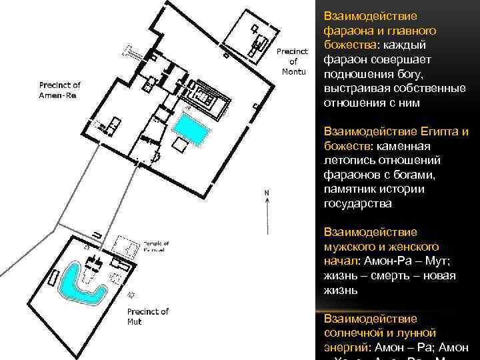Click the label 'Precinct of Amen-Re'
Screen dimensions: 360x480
[x=59, y=90]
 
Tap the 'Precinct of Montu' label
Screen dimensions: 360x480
[x=291, y=61]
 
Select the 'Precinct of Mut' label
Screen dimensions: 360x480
[x=148, y=316]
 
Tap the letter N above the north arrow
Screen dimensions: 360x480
[x=267, y=193]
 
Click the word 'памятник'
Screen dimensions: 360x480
[x=349, y=189]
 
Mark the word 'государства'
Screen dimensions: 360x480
[x=357, y=204]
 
